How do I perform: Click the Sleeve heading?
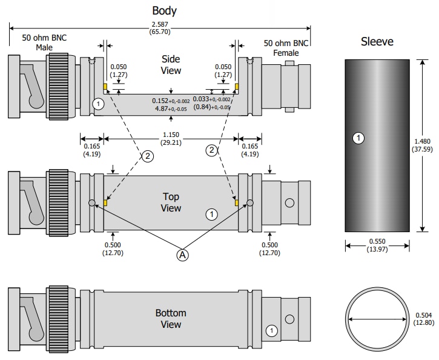pos(377,42)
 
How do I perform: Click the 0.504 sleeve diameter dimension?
pos(424,319)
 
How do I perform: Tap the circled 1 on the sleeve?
pos(358,139)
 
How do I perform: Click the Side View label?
pos(171,64)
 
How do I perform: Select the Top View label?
pos(171,202)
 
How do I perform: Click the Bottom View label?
pos(170,319)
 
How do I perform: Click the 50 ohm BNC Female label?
pos(286,48)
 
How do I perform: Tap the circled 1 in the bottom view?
pos(271,330)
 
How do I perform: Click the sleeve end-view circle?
pos(377,319)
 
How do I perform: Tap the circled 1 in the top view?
pos(211,213)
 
